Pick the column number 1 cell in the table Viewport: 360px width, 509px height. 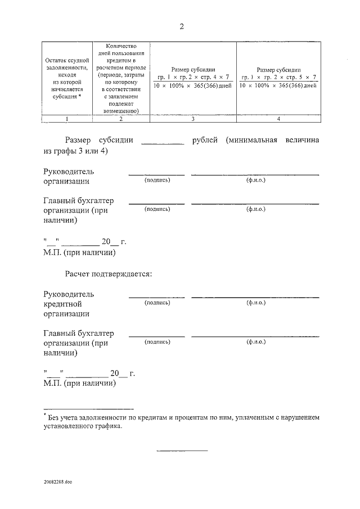click(66, 119)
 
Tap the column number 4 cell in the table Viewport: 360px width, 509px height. click(278, 119)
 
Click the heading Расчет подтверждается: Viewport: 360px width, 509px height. click(109, 274)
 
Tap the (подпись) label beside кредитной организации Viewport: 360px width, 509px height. click(157, 303)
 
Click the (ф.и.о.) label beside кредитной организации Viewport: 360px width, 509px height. click(255, 303)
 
